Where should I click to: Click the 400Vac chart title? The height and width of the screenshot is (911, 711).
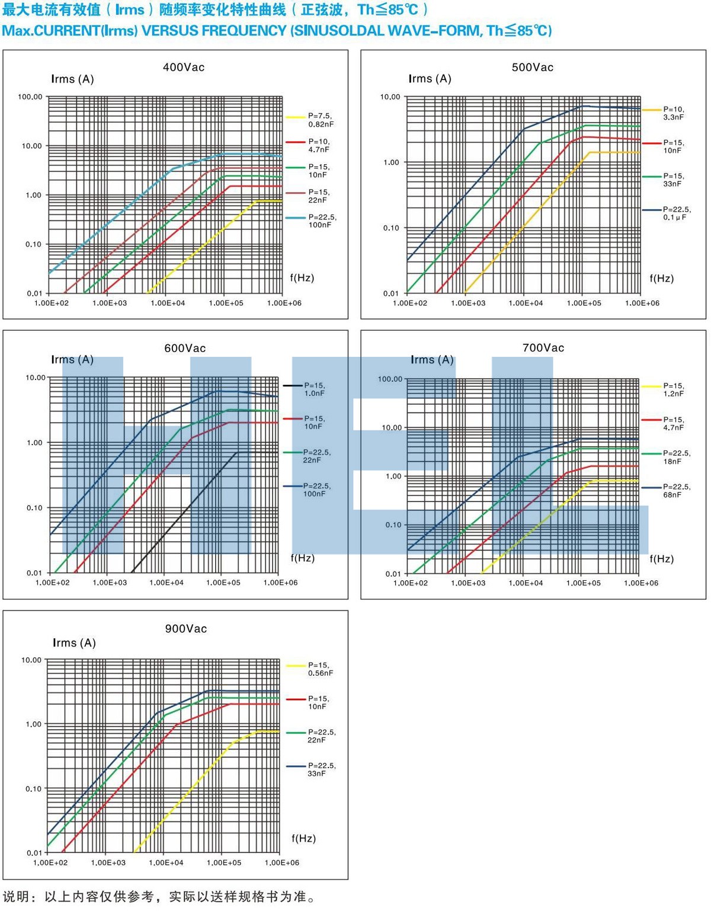tap(184, 68)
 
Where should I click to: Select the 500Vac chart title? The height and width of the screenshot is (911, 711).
tap(532, 68)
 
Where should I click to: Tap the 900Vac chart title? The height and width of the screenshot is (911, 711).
tap(186, 629)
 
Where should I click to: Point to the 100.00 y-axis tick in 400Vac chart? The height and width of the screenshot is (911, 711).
tap(30, 97)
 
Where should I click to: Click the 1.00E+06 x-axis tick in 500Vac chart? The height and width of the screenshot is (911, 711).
tap(642, 303)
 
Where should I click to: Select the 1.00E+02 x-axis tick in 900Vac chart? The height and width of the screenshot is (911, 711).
tap(50, 862)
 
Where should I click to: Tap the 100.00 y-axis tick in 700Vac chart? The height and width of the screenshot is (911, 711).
tap(390, 379)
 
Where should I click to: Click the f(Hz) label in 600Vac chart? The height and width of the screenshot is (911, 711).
tap(302, 558)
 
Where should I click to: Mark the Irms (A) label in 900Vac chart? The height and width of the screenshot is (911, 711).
tap(74, 643)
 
